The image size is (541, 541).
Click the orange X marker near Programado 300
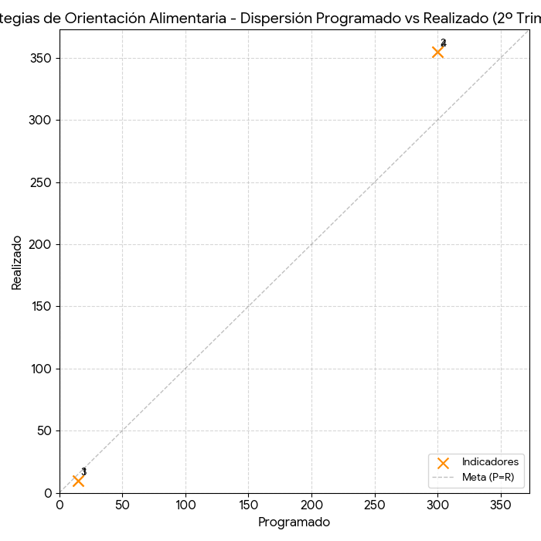437,52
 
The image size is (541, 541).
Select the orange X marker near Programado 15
78,481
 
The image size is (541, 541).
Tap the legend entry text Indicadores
490,462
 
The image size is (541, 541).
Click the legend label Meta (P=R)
488,477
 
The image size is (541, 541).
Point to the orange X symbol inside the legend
443,462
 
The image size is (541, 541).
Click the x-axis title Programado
294,522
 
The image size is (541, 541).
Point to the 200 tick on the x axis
311,505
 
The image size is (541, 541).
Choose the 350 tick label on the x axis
501,505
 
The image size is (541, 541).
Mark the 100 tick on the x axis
185,505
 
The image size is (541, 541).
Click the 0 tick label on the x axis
60,505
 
